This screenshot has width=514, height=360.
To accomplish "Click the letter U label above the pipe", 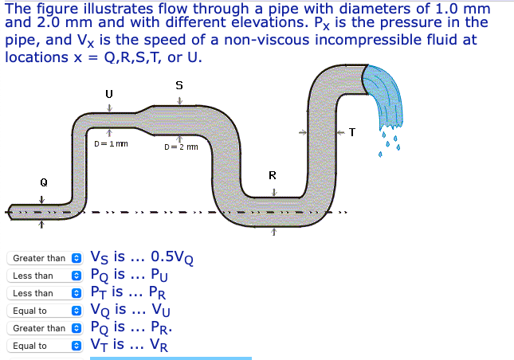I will [x=109, y=94].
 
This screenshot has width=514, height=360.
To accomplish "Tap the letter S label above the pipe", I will [x=179, y=84].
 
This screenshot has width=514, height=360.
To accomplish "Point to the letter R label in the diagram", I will [x=273, y=174].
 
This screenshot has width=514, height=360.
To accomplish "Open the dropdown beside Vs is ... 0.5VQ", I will [x=45, y=258].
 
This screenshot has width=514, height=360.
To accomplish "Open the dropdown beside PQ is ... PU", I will [x=45, y=276].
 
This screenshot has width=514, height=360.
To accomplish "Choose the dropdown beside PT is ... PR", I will [x=45, y=293].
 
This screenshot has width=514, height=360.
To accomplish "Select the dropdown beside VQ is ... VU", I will [x=45, y=311].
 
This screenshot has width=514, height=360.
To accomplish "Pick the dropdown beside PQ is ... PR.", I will [x=45, y=328].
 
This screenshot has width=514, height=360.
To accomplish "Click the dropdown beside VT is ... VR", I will [x=45, y=346].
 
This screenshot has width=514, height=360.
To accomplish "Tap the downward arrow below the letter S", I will [x=179, y=101].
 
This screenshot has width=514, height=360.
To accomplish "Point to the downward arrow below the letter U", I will [x=109, y=108].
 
